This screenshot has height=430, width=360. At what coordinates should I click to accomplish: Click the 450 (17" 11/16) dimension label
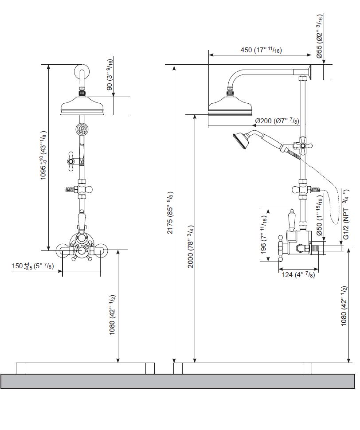[261, 50]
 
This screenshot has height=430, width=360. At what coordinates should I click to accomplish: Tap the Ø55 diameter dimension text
[319, 36]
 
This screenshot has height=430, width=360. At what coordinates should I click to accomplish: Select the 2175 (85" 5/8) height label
[170, 213]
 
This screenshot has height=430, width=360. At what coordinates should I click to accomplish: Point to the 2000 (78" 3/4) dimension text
[191, 246]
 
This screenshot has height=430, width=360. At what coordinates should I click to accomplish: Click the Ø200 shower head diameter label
[277, 121]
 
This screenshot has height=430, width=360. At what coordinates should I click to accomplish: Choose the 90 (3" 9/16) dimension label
[110, 74]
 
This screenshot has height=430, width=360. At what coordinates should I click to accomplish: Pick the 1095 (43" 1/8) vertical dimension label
[43, 155]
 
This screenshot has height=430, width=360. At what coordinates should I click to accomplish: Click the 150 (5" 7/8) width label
[33, 266]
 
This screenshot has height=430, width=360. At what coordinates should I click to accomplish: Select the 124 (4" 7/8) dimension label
[298, 274]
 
